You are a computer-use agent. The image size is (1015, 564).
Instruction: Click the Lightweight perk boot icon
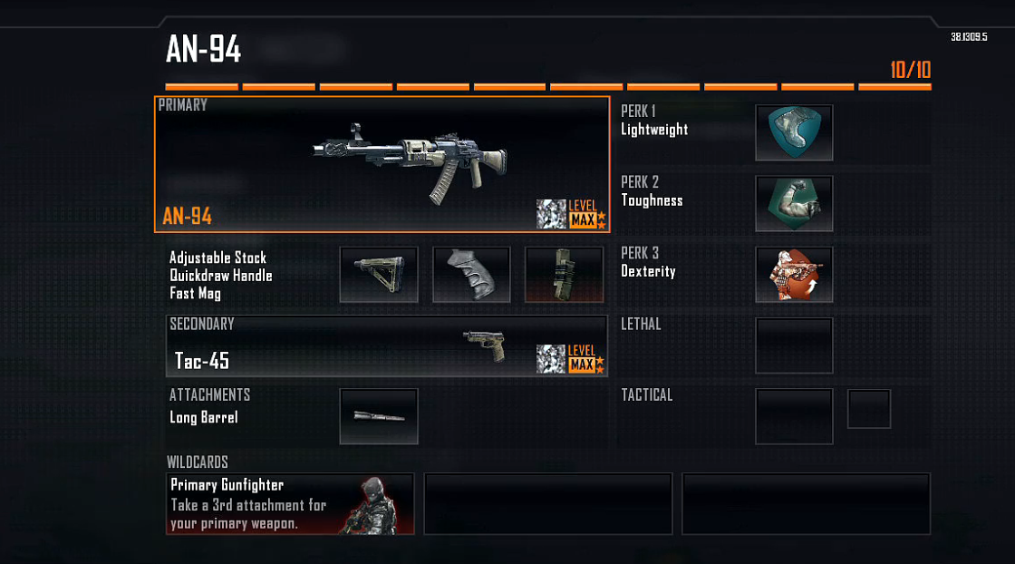[x=794, y=132]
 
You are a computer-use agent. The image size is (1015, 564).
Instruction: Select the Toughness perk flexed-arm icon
[x=794, y=203]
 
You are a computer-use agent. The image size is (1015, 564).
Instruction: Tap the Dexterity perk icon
[x=794, y=274]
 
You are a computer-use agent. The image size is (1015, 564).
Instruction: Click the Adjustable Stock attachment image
[x=379, y=274]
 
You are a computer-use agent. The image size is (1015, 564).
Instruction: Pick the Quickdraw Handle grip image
[x=471, y=274]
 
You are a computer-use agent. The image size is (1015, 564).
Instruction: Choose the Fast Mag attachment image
[x=564, y=274]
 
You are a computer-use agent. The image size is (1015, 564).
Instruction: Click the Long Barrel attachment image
[x=379, y=416]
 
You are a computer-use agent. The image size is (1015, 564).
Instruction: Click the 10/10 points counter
[x=910, y=70]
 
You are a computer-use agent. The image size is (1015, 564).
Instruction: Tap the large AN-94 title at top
[x=203, y=50]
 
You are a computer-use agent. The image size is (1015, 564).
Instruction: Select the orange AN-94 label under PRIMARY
[x=187, y=217]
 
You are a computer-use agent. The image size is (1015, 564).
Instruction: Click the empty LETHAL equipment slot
[x=794, y=345]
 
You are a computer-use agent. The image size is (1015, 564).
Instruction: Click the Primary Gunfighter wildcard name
[x=227, y=485]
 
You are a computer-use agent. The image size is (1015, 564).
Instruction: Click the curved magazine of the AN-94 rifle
[x=441, y=185]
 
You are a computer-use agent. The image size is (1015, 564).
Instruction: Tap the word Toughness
[x=652, y=200]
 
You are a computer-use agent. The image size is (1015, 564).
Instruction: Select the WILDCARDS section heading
[x=198, y=462]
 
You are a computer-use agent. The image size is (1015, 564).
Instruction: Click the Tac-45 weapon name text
[x=202, y=361]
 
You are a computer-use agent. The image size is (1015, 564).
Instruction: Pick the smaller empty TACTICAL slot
[x=868, y=409]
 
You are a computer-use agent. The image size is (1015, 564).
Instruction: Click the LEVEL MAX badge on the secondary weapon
[x=582, y=359]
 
